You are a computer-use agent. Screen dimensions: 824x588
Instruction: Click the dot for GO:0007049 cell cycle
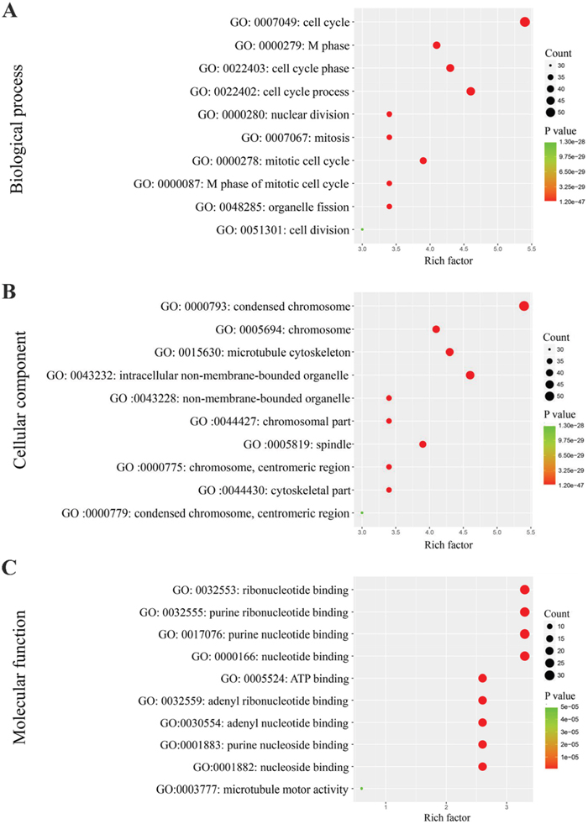coord(524,22)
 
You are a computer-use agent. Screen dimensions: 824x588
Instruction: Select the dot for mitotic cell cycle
coord(423,160)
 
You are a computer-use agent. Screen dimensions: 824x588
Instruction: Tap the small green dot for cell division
coord(362,229)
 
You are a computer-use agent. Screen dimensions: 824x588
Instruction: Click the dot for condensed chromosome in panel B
coord(524,306)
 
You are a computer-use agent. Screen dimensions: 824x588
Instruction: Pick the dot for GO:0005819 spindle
coord(423,444)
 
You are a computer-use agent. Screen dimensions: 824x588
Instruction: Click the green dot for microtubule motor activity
coord(361,789)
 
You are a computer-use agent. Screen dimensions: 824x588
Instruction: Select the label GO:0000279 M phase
coord(291,45)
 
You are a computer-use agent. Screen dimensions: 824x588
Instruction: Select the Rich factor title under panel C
coord(445,814)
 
